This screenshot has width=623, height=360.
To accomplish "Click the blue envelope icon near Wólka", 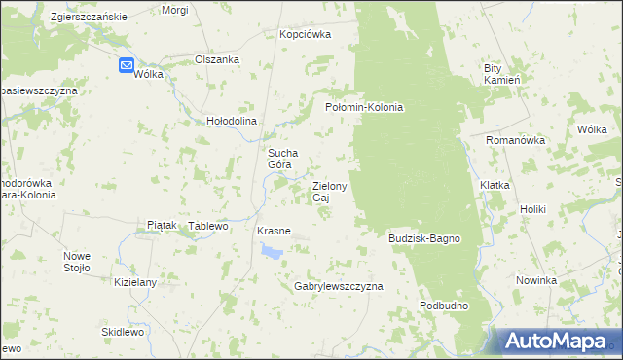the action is point(128,65).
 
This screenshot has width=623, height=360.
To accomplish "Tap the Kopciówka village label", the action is point(305,34).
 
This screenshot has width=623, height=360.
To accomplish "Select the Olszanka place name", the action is point(217,58).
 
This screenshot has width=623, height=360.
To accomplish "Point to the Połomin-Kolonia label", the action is point(363,107).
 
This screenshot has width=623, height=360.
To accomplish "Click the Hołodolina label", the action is point(231,121).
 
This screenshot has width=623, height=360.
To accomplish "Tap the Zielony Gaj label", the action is point(329,191).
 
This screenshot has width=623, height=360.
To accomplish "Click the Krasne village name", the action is point(274,231).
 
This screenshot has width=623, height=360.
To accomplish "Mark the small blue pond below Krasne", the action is point(271,252).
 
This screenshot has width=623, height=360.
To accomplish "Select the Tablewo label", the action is point(207,226).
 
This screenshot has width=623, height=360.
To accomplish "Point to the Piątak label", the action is point(161,225).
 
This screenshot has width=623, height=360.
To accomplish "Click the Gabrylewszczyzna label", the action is point(339,287).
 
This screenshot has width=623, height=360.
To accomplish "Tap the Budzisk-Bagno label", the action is point(423,238).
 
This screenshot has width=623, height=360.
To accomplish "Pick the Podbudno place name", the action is point(445,306).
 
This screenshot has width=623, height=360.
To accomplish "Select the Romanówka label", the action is point(515,140).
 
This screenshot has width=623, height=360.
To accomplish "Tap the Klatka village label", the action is point(495,184).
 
